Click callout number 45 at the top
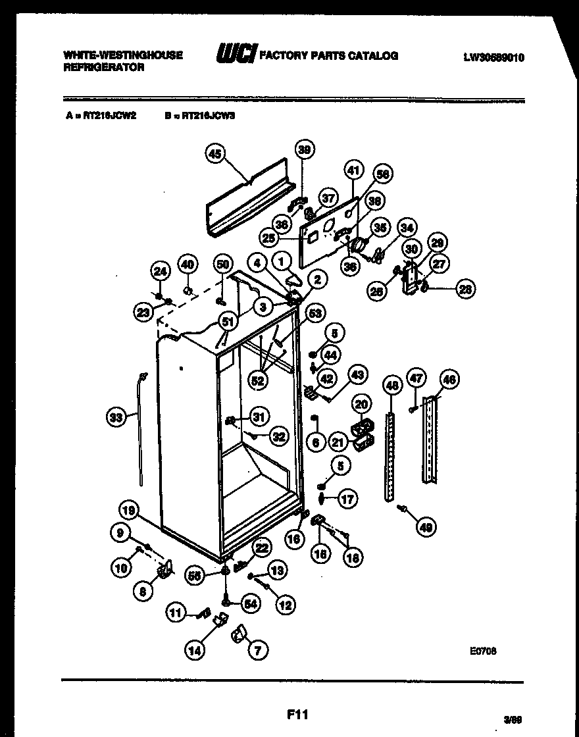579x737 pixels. click(x=214, y=154)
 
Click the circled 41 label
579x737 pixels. click(x=353, y=171)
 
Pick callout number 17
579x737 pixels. click(x=348, y=499)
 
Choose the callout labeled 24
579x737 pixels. click(x=161, y=270)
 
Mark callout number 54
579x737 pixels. click(x=251, y=603)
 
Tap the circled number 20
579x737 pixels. click(x=361, y=404)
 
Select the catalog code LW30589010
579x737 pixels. click(x=493, y=57)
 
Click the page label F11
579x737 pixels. click(x=297, y=714)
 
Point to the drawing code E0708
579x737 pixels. click(x=483, y=650)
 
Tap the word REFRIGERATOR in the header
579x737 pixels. click(x=104, y=68)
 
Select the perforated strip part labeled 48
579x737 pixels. click(x=391, y=454)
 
